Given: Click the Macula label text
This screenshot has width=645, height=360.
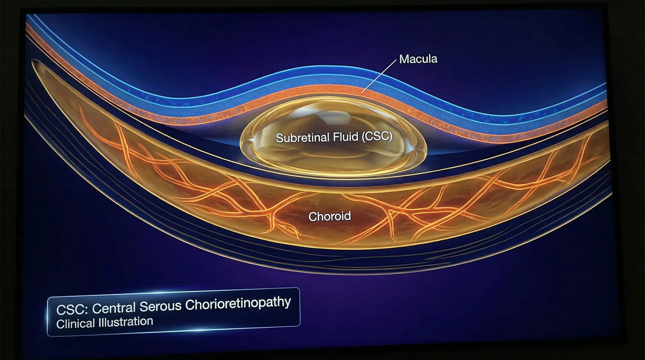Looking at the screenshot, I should point(418,59).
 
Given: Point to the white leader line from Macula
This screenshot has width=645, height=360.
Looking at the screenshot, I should point(379,76).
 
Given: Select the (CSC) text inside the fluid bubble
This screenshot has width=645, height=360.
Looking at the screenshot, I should point(377,136).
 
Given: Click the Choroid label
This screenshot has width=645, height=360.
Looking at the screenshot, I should point(329,216).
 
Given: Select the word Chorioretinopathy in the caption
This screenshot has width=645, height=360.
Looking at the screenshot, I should point(238,303).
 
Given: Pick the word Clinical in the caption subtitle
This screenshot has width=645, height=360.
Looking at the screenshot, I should point(75,324).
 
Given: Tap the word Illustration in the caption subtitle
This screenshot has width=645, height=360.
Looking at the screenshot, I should point(126,322).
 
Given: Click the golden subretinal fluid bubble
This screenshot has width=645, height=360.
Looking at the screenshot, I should point(333,154).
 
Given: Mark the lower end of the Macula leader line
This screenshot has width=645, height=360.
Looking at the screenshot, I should point(362,92).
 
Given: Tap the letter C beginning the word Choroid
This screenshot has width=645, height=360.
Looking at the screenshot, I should point(312,217).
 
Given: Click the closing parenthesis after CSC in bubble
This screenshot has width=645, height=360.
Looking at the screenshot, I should point(390,136).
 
